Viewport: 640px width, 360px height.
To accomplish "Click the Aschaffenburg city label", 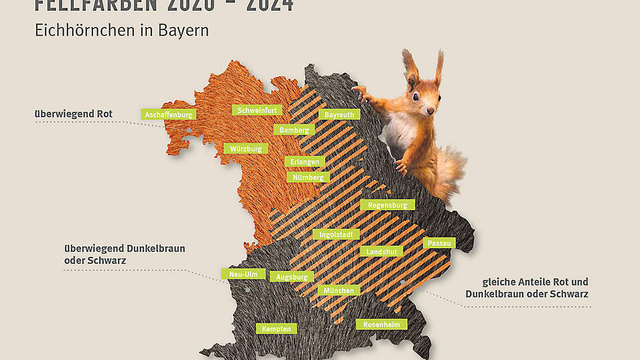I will click(169, 114).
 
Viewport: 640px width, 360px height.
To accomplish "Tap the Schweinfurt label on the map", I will click(258, 110).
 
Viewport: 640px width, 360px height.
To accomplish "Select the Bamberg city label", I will click(294, 129).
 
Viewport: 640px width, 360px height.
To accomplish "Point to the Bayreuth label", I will click(339, 114).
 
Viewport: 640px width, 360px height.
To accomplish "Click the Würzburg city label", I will click(246, 149).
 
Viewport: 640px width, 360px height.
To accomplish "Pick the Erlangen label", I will click(305, 161).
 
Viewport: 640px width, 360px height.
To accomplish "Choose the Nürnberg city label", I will click(307, 177).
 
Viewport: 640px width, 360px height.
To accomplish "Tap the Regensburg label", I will click(387, 205).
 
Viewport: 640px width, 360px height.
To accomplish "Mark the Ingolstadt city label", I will click(336, 234).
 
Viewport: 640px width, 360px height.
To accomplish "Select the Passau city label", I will click(440, 242).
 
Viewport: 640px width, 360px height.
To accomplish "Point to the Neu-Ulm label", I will click(244, 274).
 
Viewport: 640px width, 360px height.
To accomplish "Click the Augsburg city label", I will click(291, 276).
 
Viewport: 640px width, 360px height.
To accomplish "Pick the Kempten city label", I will click(276, 329).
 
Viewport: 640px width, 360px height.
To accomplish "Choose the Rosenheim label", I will click(381, 325).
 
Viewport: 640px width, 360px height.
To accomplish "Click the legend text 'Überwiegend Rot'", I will click(74, 114).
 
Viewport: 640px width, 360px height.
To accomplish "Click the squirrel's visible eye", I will click(416, 96).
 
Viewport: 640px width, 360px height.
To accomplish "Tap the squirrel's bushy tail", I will click(447, 171).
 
